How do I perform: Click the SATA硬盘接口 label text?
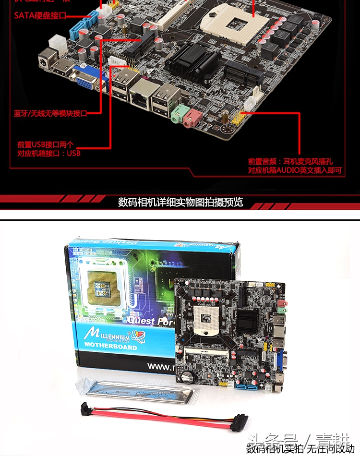coord(40,15)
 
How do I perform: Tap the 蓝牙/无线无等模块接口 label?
coord(50,114)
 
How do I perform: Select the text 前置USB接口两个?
coord(46,144)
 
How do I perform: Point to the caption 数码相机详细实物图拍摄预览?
coord(180,202)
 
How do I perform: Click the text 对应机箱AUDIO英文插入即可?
coord(295,170)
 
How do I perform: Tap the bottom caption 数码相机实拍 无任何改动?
coord(300,449)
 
